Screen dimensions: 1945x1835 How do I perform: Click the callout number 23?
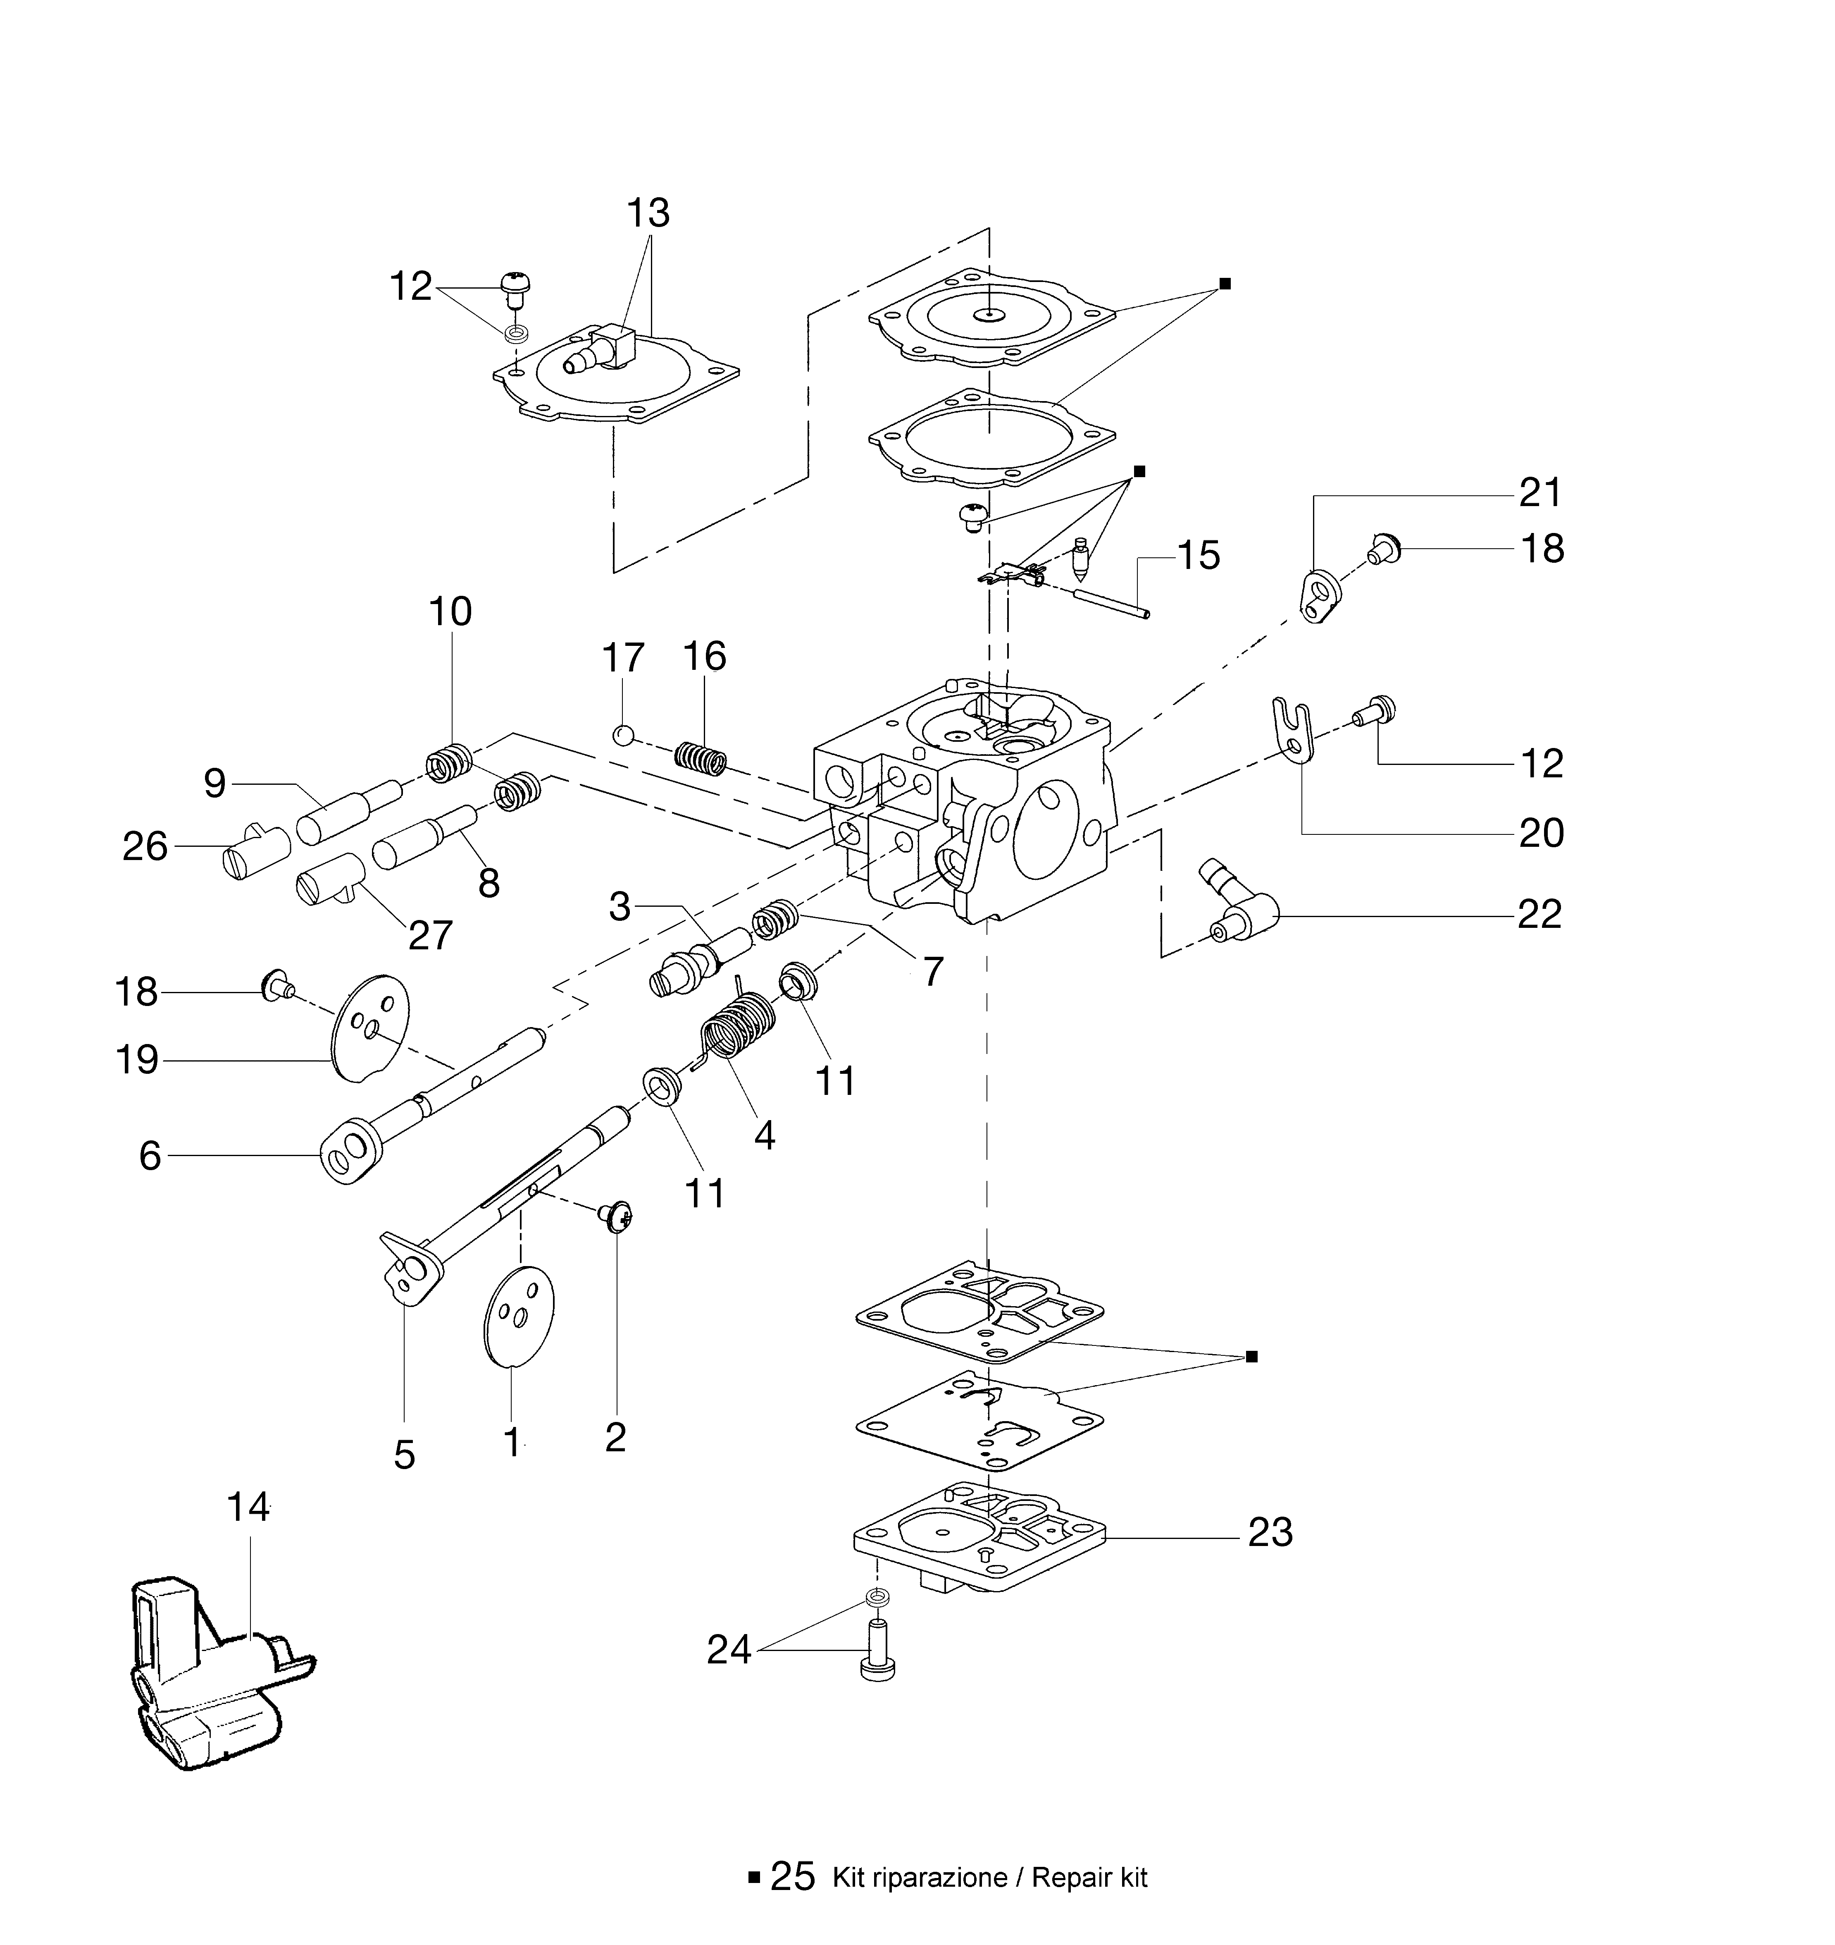1270,1532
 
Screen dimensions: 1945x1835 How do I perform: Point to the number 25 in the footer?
792,1876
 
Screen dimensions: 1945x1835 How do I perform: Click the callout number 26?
145,846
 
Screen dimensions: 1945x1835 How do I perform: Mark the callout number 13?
648,212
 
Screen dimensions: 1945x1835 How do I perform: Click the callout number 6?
150,1155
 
